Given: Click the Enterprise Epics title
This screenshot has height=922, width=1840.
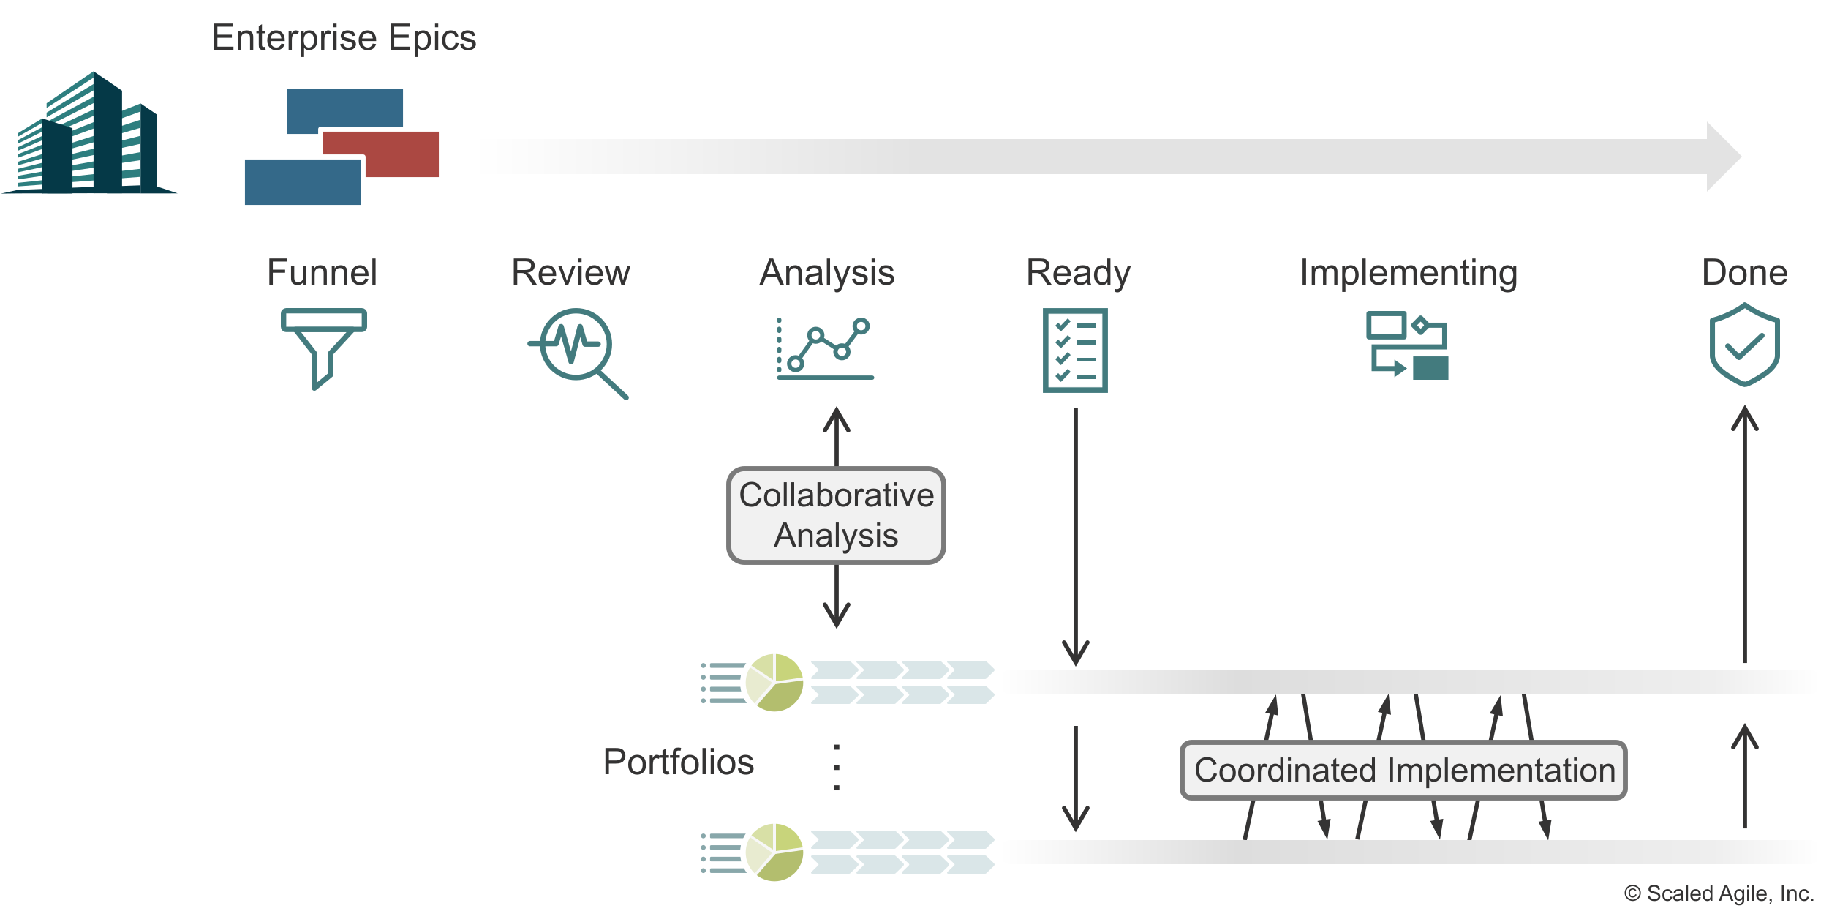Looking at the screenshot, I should [344, 38].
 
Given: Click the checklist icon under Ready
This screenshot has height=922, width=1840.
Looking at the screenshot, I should [1075, 351].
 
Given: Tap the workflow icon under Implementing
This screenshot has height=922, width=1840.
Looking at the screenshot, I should [1407, 345].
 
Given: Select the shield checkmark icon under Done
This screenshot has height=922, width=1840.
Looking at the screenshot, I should [1744, 344].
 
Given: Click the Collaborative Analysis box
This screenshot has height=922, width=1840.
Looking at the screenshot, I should [836, 515].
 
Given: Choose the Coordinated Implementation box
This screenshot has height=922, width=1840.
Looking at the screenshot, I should [1403, 770].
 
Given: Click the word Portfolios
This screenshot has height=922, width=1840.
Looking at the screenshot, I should [678, 762].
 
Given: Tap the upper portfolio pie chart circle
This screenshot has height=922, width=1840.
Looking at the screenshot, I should [774, 682].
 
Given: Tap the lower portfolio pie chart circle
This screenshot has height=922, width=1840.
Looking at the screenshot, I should [774, 852].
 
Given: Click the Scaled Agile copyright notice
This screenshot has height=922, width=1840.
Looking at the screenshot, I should [1719, 893].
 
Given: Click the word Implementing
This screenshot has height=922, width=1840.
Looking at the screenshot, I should [1409, 273].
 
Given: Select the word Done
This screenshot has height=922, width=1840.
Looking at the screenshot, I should [1744, 273].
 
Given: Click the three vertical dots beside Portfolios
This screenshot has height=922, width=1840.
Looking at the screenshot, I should [837, 768].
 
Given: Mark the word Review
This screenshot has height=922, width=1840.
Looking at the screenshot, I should [570, 273].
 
